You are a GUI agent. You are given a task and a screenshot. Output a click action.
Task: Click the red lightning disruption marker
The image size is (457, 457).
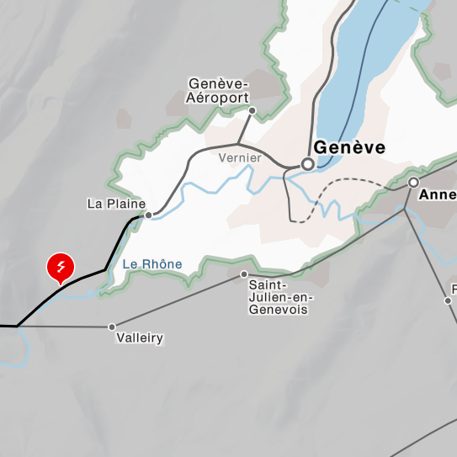coord(61,267)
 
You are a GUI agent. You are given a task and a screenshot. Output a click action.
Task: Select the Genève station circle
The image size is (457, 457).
coord(308,165)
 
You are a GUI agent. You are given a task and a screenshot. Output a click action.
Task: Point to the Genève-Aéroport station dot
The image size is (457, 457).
coord(252,110)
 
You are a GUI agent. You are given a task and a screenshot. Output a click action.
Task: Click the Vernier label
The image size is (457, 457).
coord(239,157)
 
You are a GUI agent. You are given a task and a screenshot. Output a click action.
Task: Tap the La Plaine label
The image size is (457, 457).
coord(116,204)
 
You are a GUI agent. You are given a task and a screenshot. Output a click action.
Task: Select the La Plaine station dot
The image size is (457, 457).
coord(148,215)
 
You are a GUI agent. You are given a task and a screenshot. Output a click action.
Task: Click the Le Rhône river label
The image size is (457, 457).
coord(152,264)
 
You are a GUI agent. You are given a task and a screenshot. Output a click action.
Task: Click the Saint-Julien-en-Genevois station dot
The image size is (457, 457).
coord(244,274)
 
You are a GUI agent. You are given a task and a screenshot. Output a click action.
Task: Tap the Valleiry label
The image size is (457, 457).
coord(141,338)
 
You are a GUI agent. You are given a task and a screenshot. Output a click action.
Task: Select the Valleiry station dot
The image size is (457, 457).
coord(112,327)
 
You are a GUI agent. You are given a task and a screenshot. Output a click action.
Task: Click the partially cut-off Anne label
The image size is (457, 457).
coord(438,195)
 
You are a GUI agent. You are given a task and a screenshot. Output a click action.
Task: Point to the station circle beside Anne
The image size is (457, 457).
coord(413,182)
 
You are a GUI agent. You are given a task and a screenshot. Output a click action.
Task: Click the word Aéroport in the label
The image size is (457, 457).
coord(218,98)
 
